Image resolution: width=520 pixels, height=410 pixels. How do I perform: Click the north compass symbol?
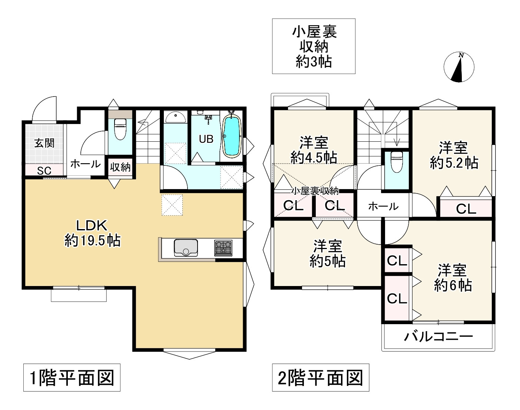click(459, 67)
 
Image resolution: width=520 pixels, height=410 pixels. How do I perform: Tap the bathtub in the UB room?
click(232, 136)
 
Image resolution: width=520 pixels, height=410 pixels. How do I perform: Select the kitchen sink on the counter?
click(186, 248)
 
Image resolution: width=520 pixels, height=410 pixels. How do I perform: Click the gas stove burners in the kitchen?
click(223, 248)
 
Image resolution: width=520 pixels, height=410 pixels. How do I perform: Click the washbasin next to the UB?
click(175, 118)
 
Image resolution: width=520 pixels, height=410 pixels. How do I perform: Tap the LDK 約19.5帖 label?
click(92, 233)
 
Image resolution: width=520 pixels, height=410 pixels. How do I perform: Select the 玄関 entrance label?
click(44, 143)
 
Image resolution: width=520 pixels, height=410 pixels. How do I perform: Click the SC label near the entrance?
click(44, 171)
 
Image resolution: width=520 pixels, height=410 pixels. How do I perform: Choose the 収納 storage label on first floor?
click(120, 167)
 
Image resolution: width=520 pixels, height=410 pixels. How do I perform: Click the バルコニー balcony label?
click(438, 336)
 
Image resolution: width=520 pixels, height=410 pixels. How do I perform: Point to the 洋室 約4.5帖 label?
click(314, 150)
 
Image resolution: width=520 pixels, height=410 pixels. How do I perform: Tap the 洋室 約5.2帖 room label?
click(454, 155)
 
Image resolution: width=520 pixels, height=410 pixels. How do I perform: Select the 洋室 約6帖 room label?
click(452, 278)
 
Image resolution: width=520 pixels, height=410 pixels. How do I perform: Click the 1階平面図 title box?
click(72, 378)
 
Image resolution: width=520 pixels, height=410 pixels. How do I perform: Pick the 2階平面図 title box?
click(321, 378)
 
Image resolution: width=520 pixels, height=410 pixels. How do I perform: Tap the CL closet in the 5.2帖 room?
click(466, 209)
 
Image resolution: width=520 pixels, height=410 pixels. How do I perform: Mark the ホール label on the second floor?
click(383, 206)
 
